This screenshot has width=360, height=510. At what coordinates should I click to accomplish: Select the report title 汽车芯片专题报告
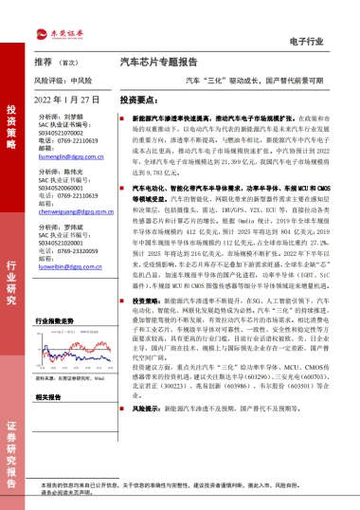(x=157, y=60)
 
